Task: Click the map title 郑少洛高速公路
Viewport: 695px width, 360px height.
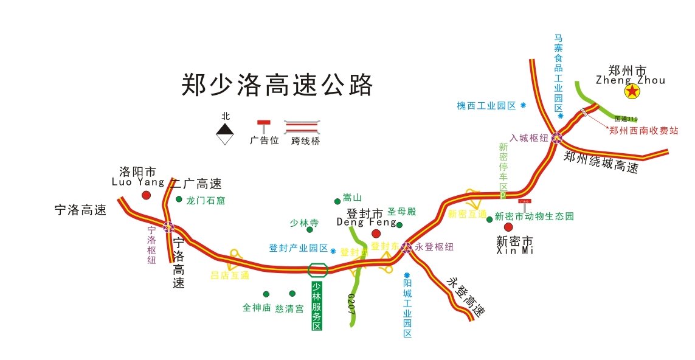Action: pyautogui.click(x=277, y=85)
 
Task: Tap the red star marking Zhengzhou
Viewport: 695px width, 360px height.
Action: pyautogui.click(x=633, y=92)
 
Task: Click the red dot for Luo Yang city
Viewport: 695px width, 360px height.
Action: pyautogui.click(x=146, y=195)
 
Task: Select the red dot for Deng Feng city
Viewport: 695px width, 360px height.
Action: pyautogui.click(x=376, y=234)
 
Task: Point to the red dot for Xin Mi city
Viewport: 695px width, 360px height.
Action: pyautogui.click(x=508, y=227)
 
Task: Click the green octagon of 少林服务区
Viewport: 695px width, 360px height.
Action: pyautogui.click(x=318, y=269)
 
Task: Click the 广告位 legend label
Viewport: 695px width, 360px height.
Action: pyautogui.click(x=264, y=140)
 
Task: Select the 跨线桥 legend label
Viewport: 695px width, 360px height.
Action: pyautogui.click(x=305, y=141)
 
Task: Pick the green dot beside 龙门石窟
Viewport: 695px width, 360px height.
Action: pyautogui.click(x=179, y=199)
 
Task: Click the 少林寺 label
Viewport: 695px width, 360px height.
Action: pyautogui.click(x=304, y=223)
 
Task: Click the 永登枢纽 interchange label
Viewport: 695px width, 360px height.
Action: pyautogui.click(x=434, y=247)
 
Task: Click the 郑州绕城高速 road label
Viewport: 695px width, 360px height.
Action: pyautogui.click(x=601, y=163)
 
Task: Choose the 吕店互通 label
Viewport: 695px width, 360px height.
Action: pyautogui.click(x=230, y=275)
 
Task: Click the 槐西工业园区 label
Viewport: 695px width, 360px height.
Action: pyautogui.click(x=486, y=106)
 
